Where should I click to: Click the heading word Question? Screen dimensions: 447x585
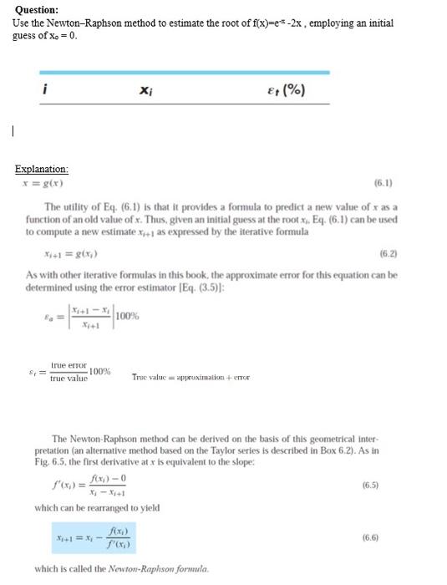coord(36,9)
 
